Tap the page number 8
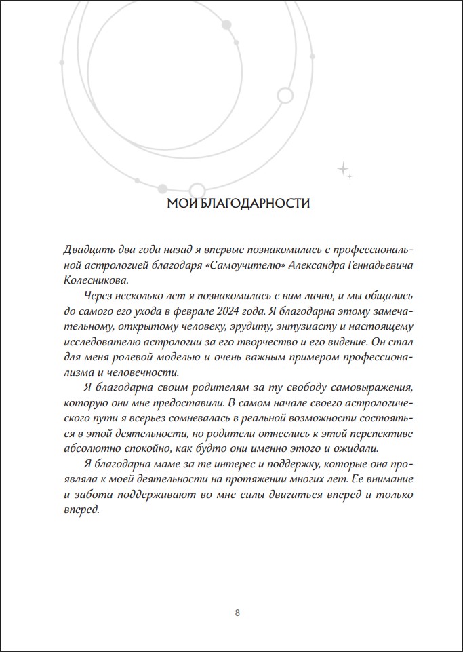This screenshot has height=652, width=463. coord(237,613)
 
